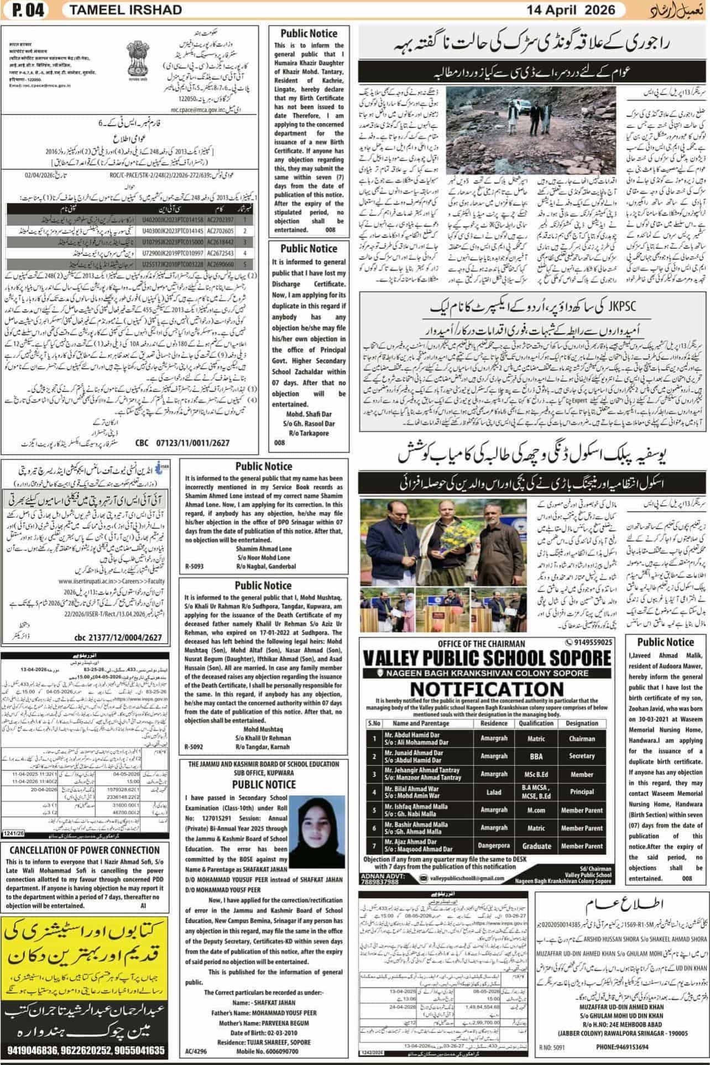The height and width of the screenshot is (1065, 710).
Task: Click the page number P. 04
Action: pyautogui.click(x=27, y=9)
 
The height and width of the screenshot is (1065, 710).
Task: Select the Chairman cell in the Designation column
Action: pyautogui.click(x=582, y=738)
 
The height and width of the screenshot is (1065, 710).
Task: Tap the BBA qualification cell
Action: pyautogui.click(x=535, y=756)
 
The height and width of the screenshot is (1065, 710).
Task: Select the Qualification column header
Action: pyautogui.click(x=536, y=723)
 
